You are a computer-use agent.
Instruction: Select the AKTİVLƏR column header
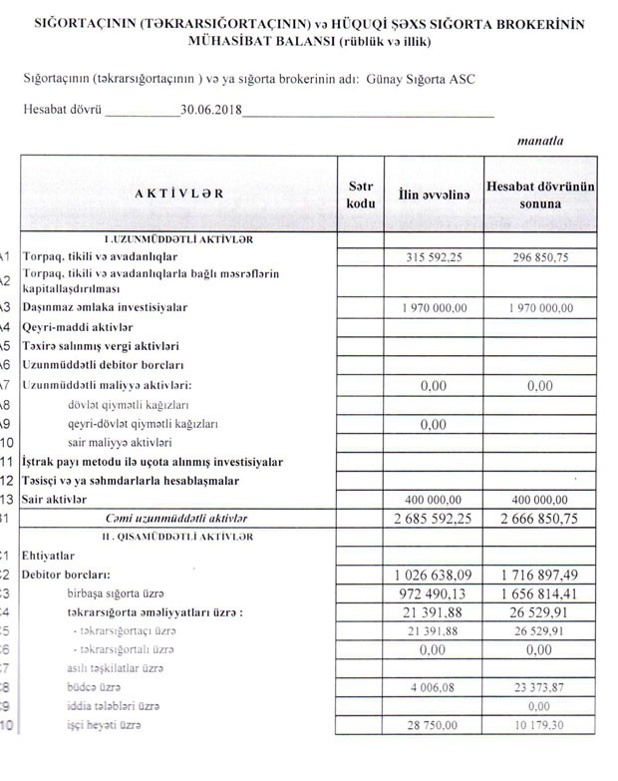point(179,194)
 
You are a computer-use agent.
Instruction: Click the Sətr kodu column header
point(361,195)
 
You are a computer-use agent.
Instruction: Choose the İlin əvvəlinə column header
point(434,195)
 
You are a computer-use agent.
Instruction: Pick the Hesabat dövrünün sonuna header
point(540,195)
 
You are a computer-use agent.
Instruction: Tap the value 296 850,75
point(539,257)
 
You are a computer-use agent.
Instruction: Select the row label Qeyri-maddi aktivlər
point(79,326)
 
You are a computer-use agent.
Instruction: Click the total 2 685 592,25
point(434,518)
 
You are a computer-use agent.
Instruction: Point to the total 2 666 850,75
point(539,518)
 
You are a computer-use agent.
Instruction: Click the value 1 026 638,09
point(434,575)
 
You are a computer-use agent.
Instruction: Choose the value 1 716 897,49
point(539,575)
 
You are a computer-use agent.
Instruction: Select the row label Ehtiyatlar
point(51,557)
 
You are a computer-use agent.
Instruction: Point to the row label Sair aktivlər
point(61,498)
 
